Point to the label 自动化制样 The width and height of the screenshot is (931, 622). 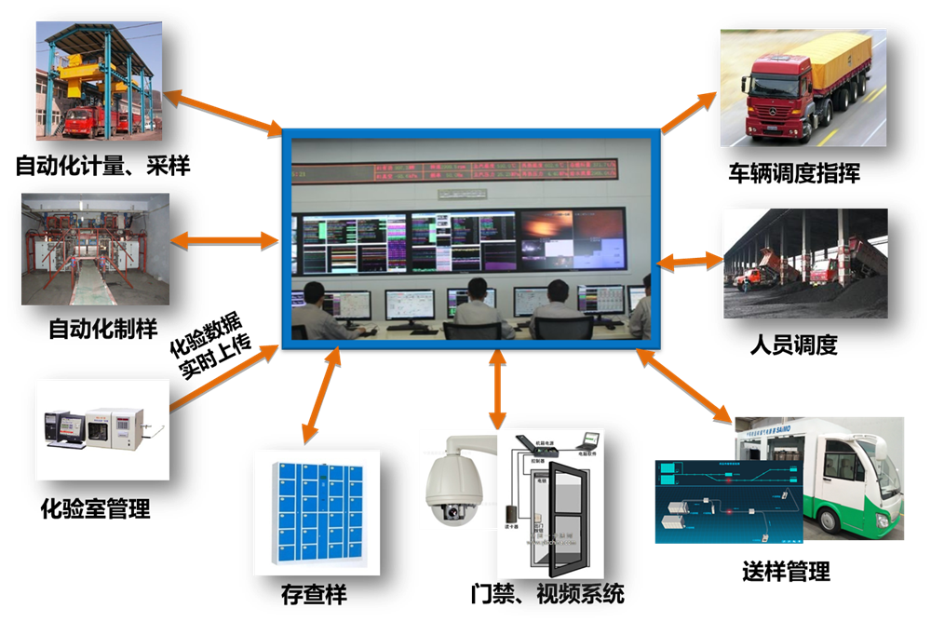point(102,328)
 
